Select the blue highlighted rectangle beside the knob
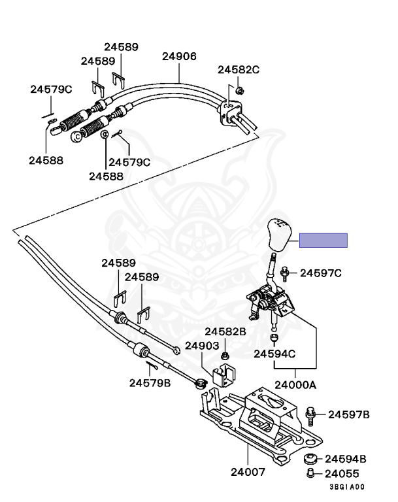click(323, 240)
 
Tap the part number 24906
click(179, 56)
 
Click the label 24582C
click(239, 69)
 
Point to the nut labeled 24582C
click(239, 91)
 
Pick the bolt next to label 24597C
click(284, 274)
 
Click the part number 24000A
click(295, 385)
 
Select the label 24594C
click(274, 354)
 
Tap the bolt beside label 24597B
click(310, 416)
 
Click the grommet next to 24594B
click(310, 459)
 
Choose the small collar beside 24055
click(310, 473)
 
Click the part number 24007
click(248, 471)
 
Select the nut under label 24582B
click(225, 356)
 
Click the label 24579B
click(150, 383)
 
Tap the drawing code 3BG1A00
click(347, 487)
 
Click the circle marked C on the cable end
click(76, 137)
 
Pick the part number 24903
click(202, 346)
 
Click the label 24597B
click(349, 414)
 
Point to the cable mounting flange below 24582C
click(230, 112)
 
